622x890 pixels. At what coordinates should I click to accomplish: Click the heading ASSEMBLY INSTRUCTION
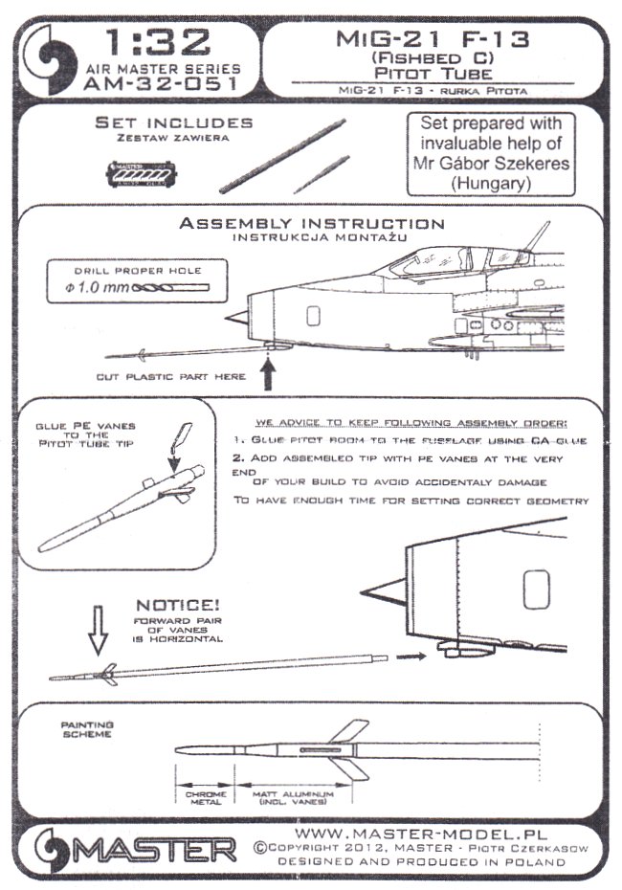tap(312, 224)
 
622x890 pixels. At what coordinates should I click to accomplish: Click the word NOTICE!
tap(176, 605)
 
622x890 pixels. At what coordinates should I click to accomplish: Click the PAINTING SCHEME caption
tap(86, 730)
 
